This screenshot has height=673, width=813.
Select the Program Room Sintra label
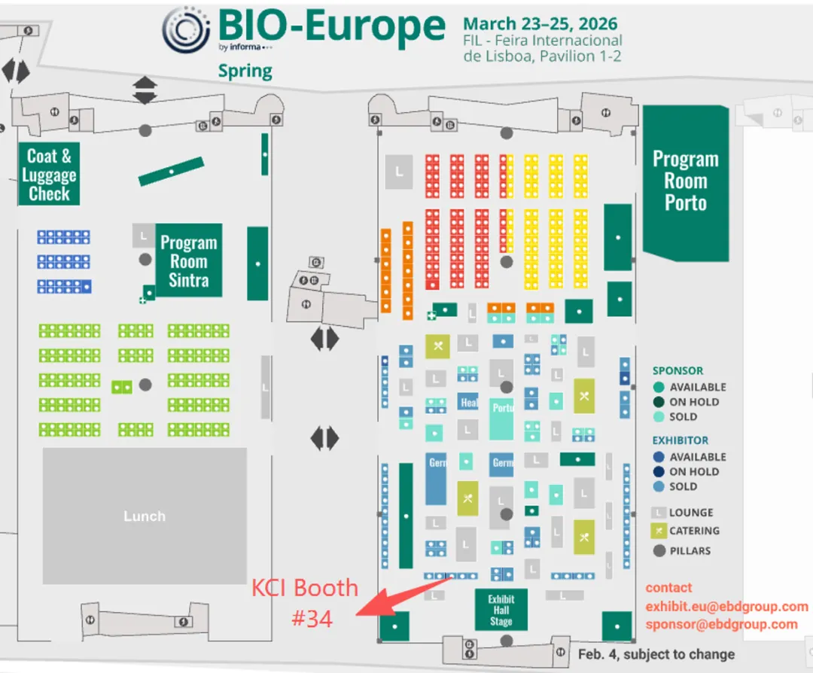[x=188, y=261]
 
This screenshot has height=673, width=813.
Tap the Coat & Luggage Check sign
[x=49, y=175]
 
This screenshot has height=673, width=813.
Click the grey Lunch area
[x=145, y=516]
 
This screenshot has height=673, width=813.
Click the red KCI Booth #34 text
[x=305, y=602]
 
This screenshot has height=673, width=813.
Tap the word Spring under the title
[x=245, y=72]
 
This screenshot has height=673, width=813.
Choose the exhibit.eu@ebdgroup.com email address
[x=726, y=606]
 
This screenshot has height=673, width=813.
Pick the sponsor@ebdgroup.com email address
[x=721, y=624]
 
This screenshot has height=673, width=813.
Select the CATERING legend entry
[x=693, y=531]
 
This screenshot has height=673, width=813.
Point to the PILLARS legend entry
[x=689, y=550]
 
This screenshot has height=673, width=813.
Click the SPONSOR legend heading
[x=677, y=370]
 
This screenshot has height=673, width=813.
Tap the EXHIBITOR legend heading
[x=681, y=440]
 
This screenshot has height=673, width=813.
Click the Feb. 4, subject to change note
[x=656, y=654]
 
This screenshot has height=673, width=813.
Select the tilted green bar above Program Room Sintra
[x=171, y=172]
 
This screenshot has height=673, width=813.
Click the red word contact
[x=668, y=588]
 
